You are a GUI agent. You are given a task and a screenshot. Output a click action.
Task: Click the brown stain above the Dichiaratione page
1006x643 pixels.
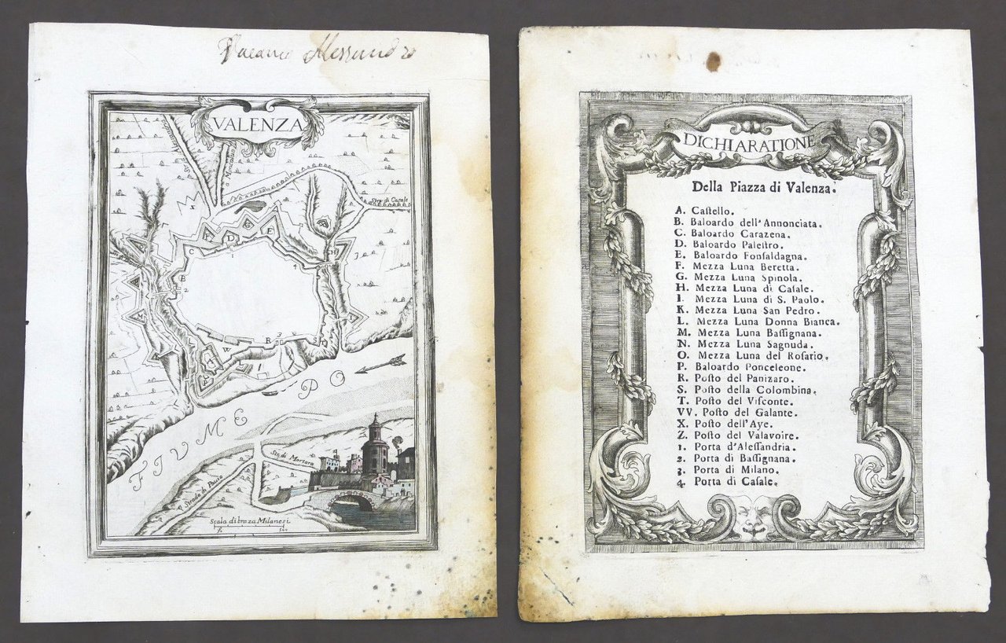pyautogui.click(x=713, y=61)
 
